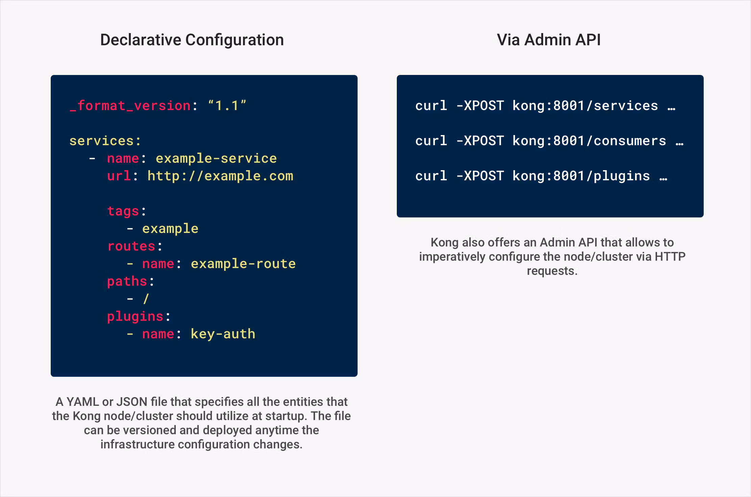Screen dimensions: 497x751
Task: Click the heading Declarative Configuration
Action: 192,40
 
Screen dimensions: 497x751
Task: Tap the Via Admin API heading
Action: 549,40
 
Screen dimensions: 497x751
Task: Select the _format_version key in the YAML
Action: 130,106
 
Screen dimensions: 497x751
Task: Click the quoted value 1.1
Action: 227,106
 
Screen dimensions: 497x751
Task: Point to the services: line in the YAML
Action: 105,141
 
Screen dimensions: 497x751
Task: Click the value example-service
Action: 216,158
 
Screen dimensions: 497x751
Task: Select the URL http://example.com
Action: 220,176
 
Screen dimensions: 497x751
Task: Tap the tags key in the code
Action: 123,211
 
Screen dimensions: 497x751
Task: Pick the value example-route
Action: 243,264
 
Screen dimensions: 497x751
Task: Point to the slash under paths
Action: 146,299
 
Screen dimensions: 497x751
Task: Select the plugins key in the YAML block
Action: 135,316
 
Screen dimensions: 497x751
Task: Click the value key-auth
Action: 223,334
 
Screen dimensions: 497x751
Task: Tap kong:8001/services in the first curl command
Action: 585,106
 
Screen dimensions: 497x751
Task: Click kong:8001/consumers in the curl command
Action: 589,141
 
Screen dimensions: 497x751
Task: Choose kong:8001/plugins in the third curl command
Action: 581,176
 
